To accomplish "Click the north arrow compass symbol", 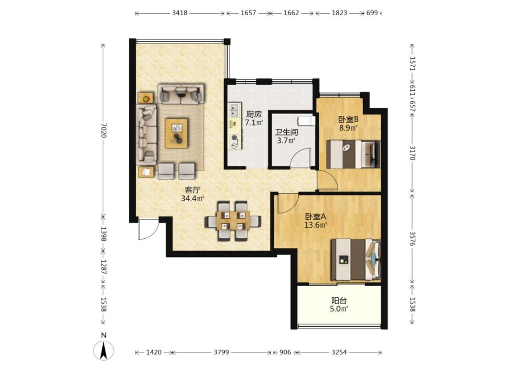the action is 103,351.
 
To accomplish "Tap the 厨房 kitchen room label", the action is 254,115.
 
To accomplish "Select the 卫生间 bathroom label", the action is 286,132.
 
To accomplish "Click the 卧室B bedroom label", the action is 348,119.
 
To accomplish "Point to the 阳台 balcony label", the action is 339,301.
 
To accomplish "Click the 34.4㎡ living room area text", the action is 192,198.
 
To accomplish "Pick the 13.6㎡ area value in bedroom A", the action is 316,225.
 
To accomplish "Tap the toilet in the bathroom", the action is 306,121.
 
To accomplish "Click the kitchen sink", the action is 234,110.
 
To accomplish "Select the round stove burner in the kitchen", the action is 234,138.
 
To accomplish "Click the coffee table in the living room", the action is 176,133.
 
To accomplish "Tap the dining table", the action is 233,220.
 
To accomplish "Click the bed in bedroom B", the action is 353,155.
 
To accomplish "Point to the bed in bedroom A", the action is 356,260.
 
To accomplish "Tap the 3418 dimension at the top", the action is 180,13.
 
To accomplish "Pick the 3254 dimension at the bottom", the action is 339,352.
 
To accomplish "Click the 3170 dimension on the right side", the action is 412,153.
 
